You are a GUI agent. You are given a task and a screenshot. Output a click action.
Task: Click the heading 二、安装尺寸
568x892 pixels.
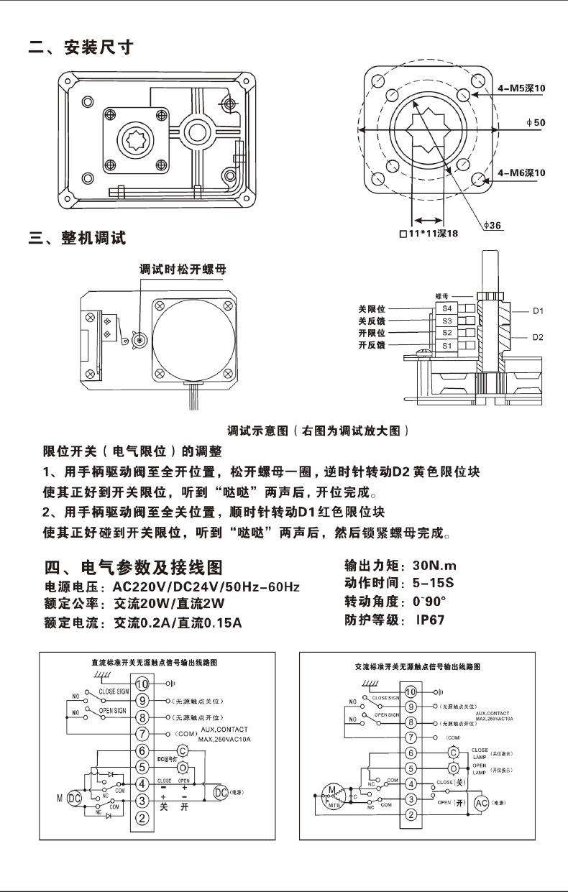(81, 48)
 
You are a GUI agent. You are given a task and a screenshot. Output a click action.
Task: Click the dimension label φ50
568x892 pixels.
(536, 123)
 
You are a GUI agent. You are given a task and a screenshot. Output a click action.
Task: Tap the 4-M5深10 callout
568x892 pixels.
(521, 88)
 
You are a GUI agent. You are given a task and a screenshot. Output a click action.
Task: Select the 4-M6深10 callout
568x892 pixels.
(521, 173)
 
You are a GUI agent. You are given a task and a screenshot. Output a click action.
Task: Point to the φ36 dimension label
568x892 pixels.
(493, 226)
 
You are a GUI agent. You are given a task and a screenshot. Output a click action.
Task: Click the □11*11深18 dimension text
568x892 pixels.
(429, 234)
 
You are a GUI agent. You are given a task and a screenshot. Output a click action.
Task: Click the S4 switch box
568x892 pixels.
(446, 308)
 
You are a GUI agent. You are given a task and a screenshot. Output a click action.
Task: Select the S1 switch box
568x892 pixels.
(446, 346)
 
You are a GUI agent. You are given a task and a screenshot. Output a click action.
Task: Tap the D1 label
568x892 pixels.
(537, 311)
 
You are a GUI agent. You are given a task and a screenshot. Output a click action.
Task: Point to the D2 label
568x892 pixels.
(537, 337)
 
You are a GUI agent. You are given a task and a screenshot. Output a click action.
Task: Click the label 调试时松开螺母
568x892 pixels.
(183, 270)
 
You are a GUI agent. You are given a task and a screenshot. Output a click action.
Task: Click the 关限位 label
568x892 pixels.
(372, 308)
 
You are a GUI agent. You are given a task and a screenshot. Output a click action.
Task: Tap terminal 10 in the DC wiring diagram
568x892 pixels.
(142, 684)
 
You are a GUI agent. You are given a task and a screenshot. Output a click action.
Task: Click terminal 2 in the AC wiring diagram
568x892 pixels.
(411, 814)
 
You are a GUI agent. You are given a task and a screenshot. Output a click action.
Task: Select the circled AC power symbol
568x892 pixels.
(481, 802)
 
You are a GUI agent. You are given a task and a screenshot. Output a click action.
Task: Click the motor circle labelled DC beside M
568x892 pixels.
(74, 799)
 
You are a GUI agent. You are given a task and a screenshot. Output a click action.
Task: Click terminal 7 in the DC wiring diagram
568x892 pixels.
(142, 734)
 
